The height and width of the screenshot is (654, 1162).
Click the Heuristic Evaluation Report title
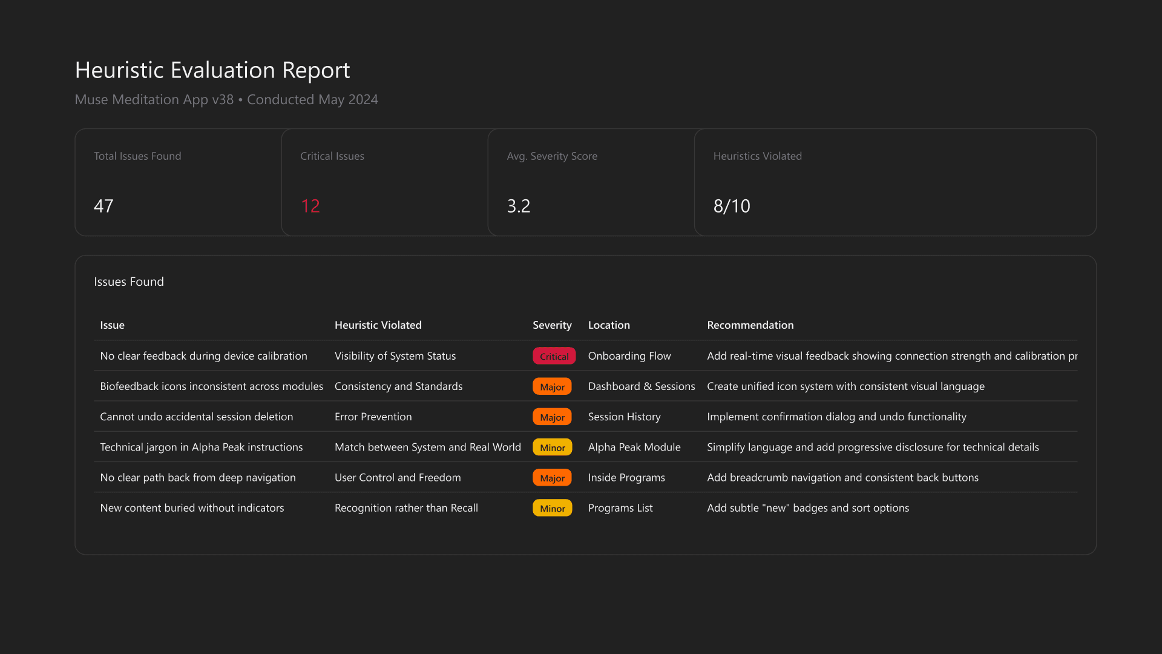[x=212, y=70]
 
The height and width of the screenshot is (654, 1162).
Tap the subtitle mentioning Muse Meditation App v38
[x=226, y=99]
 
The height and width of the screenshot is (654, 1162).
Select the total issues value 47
[x=103, y=206]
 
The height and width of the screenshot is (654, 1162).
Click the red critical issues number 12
[x=310, y=206]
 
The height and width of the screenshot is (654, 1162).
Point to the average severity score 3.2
[x=519, y=206]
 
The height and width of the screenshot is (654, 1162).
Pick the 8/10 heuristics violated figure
[x=731, y=206]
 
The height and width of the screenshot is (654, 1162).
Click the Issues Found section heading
[x=129, y=282]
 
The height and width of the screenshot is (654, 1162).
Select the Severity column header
[x=551, y=325]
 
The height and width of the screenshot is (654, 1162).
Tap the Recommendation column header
[x=750, y=325]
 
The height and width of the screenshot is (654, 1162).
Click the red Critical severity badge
[x=554, y=356]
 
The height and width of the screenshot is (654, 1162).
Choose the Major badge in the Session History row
[x=552, y=417]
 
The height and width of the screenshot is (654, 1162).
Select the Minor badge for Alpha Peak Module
[x=552, y=448]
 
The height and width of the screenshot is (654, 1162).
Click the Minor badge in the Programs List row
[x=552, y=509]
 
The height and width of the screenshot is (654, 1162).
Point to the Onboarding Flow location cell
[x=629, y=356]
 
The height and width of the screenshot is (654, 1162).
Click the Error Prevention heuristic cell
[x=373, y=417]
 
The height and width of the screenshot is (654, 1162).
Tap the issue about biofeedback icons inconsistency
[x=211, y=386]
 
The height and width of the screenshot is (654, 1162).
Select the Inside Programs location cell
[x=626, y=478]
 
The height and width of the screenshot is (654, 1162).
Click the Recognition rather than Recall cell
[x=405, y=508]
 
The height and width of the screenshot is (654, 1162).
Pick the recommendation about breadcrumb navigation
[x=842, y=478]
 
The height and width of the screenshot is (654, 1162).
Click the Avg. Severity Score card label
[x=551, y=156]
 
